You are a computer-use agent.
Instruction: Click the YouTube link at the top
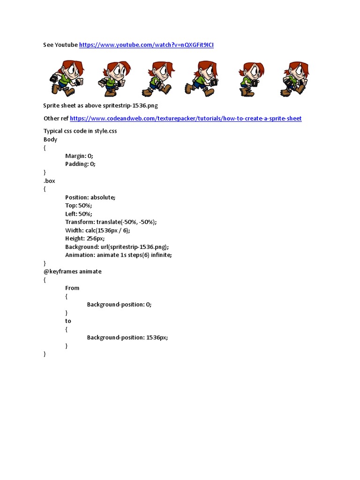[x=146, y=45]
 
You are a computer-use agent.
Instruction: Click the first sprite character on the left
[x=66, y=78]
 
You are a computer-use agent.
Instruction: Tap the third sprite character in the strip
[x=159, y=79]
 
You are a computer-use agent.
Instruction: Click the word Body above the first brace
[x=50, y=140]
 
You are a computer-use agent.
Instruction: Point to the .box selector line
[x=49, y=181]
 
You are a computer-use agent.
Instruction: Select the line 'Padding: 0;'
[x=80, y=164]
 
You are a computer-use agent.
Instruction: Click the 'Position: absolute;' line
[x=90, y=197]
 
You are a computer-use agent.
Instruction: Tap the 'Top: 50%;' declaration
[x=79, y=206]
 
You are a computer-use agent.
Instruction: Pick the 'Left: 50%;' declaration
[x=79, y=214]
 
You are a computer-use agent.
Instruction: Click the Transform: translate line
[x=111, y=222]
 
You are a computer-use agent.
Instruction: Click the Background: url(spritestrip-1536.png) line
[x=117, y=247]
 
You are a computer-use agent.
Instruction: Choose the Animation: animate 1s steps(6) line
[x=119, y=255]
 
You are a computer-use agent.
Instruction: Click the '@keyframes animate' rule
[x=72, y=271]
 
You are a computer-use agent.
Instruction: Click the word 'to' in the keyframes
[x=68, y=321]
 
